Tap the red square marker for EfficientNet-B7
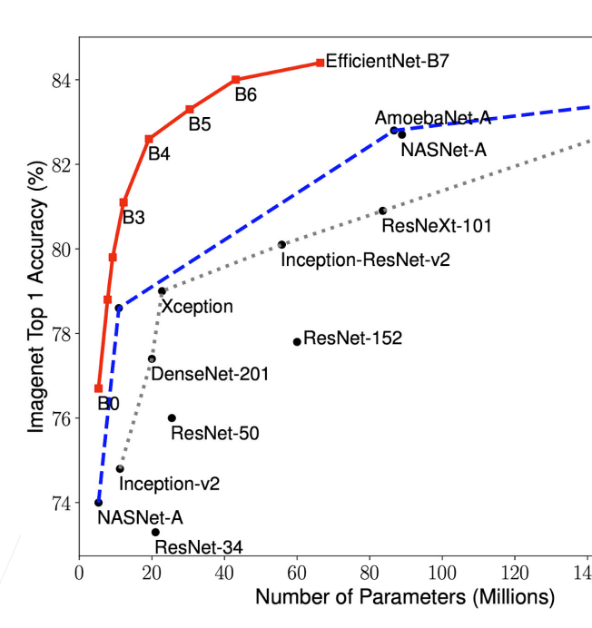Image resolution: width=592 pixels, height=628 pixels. [x=320, y=63]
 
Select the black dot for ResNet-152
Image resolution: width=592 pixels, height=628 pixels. [x=297, y=342]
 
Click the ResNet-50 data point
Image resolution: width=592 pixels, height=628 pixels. [x=172, y=417]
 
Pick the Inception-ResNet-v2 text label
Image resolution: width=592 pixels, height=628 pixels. [x=366, y=260]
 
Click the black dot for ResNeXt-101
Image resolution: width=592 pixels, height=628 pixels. [x=382, y=211]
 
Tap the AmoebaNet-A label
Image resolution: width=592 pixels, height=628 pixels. [x=432, y=118]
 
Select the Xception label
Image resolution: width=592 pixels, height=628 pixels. [x=197, y=307]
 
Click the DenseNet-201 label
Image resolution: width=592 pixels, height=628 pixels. [x=209, y=373]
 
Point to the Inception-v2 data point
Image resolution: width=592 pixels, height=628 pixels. [x=120, y=468]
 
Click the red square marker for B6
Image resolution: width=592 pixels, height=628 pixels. [x=236, y=80]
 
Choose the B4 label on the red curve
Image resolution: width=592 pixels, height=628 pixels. [x=159, y=153]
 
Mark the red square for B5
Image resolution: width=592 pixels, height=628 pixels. [x=190, y=109]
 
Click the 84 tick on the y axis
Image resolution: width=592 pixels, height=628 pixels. [x=63, y=80]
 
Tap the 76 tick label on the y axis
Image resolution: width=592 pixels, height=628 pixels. [x=63, y=417]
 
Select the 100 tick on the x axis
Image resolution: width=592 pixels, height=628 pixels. [x=442, y=574]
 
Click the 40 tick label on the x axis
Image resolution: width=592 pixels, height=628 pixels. [x=224, y=574]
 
